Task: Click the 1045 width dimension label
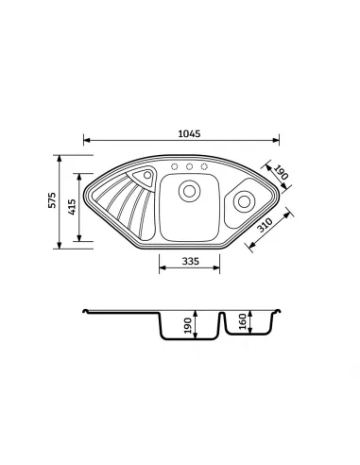pos(189,133)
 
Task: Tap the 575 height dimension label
pos(52,199)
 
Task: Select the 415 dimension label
pos(72,207)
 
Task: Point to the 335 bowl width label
pos(190,261)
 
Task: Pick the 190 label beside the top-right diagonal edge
pos(280,173)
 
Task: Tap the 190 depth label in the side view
pos(188,326)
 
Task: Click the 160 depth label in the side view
pos(243,321)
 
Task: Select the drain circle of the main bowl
pos(189,191)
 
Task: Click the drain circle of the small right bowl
pos(244,201)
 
